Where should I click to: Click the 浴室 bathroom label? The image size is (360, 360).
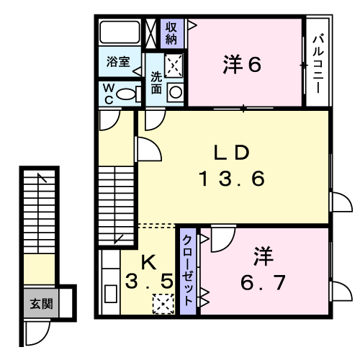(118, 62)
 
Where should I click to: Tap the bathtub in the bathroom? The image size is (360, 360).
(120, 32)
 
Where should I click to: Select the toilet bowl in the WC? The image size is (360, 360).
(125, 94)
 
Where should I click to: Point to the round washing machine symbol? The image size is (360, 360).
(176, 92)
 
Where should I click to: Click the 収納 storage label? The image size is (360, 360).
(171, 33)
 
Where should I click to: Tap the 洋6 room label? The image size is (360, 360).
(242, 64)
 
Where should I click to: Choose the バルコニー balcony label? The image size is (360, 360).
(318, 63)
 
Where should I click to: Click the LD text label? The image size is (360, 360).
(232, 153)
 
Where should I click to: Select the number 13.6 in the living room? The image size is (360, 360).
(232, 179)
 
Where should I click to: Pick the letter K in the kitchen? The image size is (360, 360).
(148, 262)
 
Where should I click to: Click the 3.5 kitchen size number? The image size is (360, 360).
(149, 281)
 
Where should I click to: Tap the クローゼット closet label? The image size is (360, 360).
(188, 270)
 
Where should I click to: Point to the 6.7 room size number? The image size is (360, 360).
(263, 282)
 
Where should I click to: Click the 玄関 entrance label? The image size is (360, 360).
(41, 304)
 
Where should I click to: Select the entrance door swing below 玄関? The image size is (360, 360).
(37, 333)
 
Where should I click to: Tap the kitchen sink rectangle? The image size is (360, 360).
(111, 294)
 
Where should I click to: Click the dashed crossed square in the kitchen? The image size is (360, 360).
(163, 304)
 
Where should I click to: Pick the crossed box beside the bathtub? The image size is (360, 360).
(151, 33)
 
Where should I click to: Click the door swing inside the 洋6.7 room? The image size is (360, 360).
(223, 239)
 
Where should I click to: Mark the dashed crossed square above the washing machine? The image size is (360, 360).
(174, 66)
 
